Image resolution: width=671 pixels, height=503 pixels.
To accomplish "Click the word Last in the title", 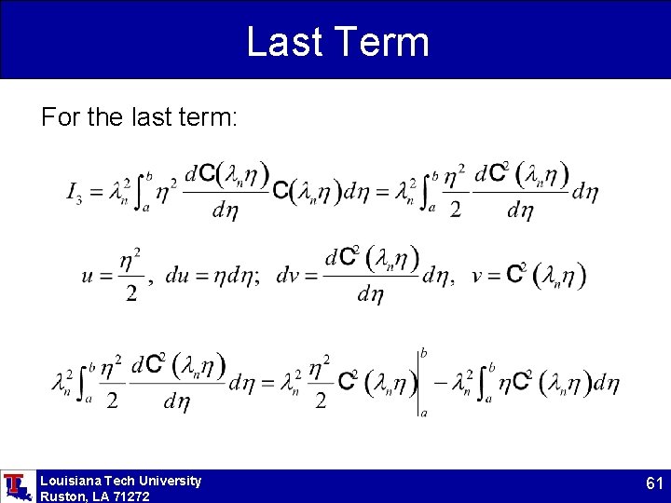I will [284, 42].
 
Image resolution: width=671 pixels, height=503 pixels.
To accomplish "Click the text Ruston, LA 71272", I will [94, 496].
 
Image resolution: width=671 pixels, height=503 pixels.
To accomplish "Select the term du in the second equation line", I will [180, 277].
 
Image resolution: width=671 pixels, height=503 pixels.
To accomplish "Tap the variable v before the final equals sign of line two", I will [477, 276].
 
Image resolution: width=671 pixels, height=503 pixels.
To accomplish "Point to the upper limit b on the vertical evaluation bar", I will [424, 353].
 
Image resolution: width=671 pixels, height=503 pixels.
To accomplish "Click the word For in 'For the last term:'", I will [57, 118].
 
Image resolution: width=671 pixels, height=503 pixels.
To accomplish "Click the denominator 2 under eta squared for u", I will [131, 295].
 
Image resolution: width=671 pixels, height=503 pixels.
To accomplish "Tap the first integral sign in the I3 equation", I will [140, 193].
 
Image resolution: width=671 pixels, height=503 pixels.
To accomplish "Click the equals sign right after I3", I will [97, 194].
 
